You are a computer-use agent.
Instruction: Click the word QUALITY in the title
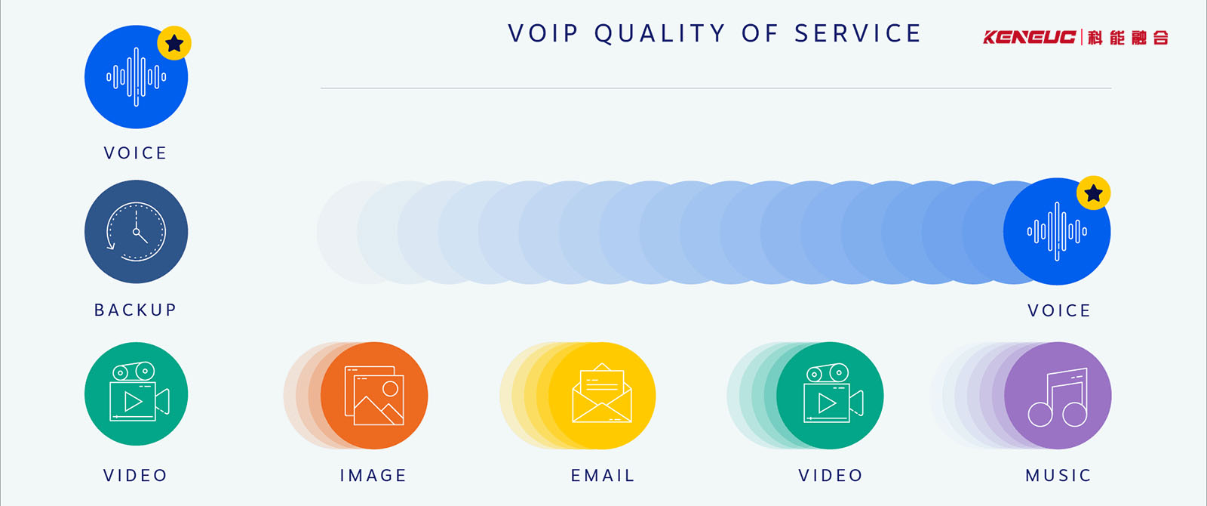pyautogui.click(x=660, y=33)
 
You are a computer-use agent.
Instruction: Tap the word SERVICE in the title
pyautogui.click(x=858, y=33)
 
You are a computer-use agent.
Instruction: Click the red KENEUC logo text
pyautogui.click(x=1029, y=37)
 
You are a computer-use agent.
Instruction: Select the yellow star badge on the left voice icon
pyautogui.click(x=174, y=43)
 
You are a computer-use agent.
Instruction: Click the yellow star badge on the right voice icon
pyautogui.click(x=1093, y=193)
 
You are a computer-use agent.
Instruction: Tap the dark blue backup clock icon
pyautogui.click(x=137, y=232)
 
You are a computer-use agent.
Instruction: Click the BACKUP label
pyautogui.click(x=135, y=310)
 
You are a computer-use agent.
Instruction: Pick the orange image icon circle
pyautogui.click(x=374, y=396)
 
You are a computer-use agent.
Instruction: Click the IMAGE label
pyautogui.click(x=373, y=475)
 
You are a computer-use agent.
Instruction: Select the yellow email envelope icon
pyautogui.click(x=602, y=396)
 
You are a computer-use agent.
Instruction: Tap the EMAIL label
pyautogui.click(x=603, y=475)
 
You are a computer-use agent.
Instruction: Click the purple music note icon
pyautogui.click(x=1058, y=396)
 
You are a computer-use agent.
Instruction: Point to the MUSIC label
pyautogui.click(x=1058, y=475)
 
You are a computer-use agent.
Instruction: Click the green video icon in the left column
pyautogui.click(x=137, y=393)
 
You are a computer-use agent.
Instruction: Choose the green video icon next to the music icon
pyautogui.click(x=830, y=396)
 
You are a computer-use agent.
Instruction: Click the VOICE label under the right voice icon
pyautogui.click(x=1059, y=310)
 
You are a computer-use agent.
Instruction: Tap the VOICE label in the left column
pyautogui.click(x=135, y=153)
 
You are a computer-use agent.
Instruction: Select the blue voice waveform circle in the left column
pyautogui.click(x=137, y=77)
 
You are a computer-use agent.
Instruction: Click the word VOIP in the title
pyautogui.click(x=543, y=33)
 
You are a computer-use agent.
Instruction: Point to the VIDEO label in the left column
pyautogui.click(x=135, y=475)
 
